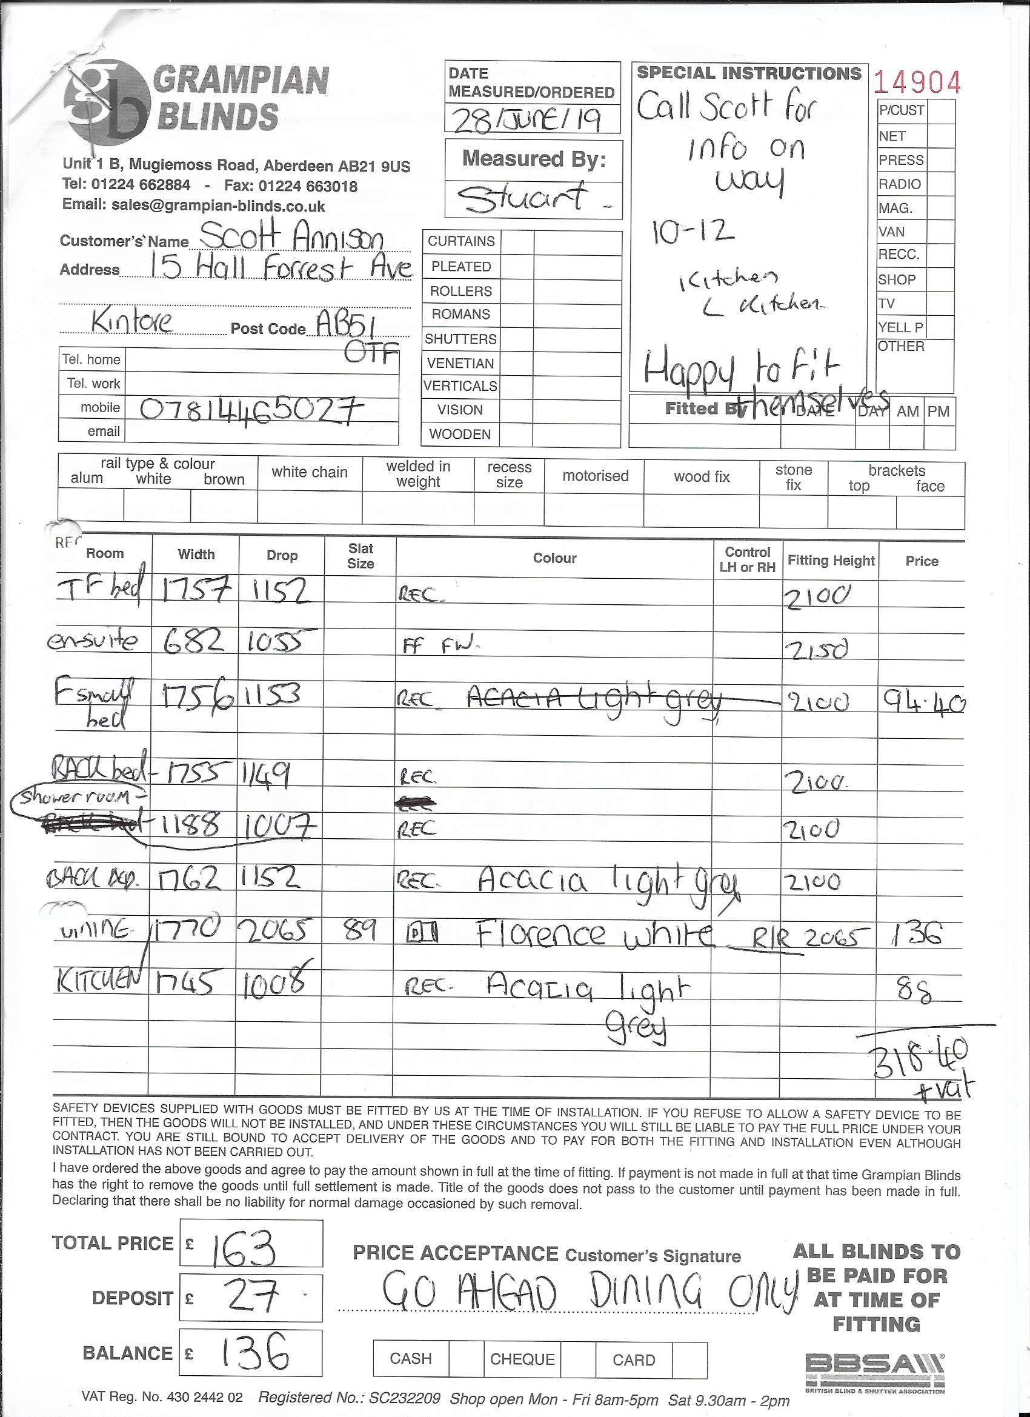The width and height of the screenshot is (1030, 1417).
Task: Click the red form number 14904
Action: pos(916,82)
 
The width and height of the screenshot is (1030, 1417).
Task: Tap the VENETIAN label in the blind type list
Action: pos(460,363)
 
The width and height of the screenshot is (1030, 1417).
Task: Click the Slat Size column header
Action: pos(360,556)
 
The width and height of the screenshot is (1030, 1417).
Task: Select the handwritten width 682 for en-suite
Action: pos(194,642)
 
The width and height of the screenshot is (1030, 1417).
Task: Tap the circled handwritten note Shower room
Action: pos(75,796)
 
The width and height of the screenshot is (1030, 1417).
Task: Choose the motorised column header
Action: pos(594,476)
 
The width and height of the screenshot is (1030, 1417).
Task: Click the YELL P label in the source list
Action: pos(900,327)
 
